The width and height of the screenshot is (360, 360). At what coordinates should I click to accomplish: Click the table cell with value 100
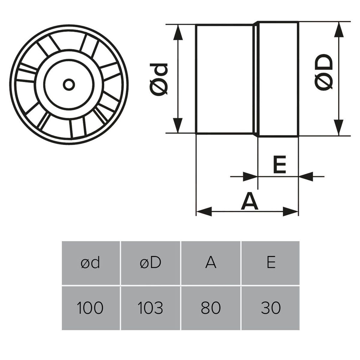(91, 307)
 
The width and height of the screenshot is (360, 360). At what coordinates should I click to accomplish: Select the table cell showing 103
(150, 307)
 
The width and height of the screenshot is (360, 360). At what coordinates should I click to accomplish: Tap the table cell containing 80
(211, 307)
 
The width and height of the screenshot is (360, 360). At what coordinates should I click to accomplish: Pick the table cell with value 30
(271, 307)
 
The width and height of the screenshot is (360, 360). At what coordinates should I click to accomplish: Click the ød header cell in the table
(91, 263)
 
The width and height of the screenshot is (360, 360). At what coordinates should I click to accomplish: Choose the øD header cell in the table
(150, 263)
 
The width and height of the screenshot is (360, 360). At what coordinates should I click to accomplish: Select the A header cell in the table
(211, 263)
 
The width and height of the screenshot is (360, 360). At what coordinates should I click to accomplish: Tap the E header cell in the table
(271, 263)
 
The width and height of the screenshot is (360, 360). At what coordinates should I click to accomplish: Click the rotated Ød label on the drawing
(159, 80)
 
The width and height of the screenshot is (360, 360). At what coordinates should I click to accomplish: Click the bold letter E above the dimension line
(280, 164)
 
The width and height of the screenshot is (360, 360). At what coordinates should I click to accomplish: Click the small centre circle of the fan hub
(69, 85)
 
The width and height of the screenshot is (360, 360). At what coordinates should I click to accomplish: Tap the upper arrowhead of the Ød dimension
(178, 32)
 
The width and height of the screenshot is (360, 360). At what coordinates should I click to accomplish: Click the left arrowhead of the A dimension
(204, 212)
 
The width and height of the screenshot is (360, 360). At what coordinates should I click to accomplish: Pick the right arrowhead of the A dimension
(290, 212)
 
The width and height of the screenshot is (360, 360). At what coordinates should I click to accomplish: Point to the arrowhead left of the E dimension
(250, 176)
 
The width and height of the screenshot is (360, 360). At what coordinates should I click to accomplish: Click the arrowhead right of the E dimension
(306, 176)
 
